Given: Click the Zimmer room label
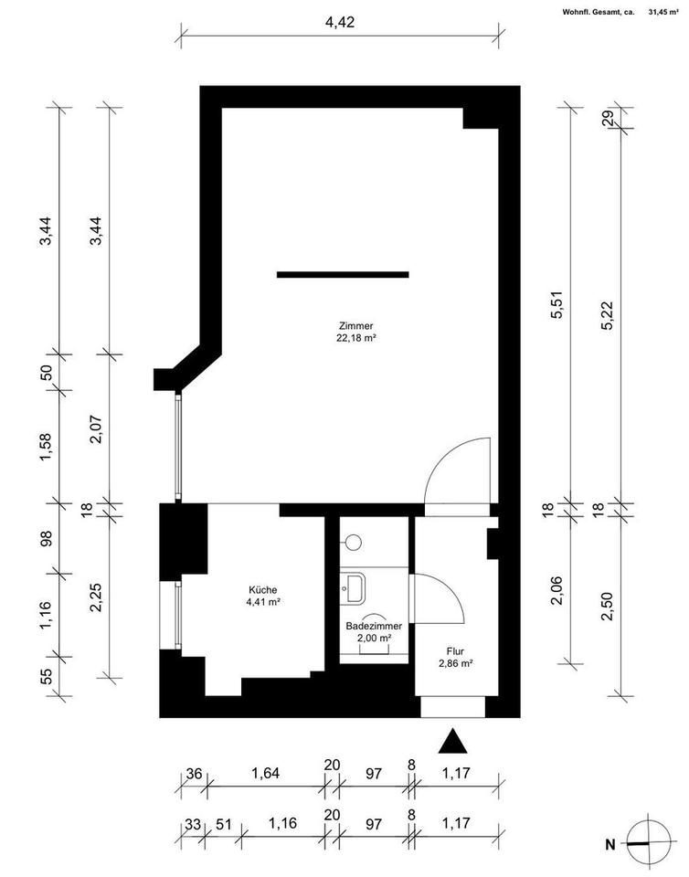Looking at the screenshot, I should click(355, 325).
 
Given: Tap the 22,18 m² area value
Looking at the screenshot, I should click(355, 337).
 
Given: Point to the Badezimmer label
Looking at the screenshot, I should click(374, 627).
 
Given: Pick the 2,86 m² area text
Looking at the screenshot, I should click(453, 664).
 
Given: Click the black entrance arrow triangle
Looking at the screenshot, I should click(450, 742).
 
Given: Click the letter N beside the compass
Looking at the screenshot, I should click(611, 843).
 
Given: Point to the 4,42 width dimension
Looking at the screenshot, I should click(340, 22).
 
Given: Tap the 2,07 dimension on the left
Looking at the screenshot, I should click(94, 426).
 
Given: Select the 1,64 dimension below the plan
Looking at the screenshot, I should click(266, 772).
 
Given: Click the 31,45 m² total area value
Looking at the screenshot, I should click(663, 13).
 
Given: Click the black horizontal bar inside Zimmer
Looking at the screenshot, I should click(343, 274).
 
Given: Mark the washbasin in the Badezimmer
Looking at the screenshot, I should click(355, 586).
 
